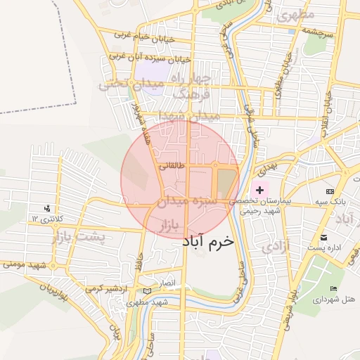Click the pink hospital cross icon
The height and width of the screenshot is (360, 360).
point(259,190)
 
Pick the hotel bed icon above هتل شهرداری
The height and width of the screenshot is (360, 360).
point(333,289)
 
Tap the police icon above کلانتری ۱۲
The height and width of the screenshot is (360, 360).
point(46,209)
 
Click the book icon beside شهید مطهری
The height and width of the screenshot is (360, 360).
point(146,291)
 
